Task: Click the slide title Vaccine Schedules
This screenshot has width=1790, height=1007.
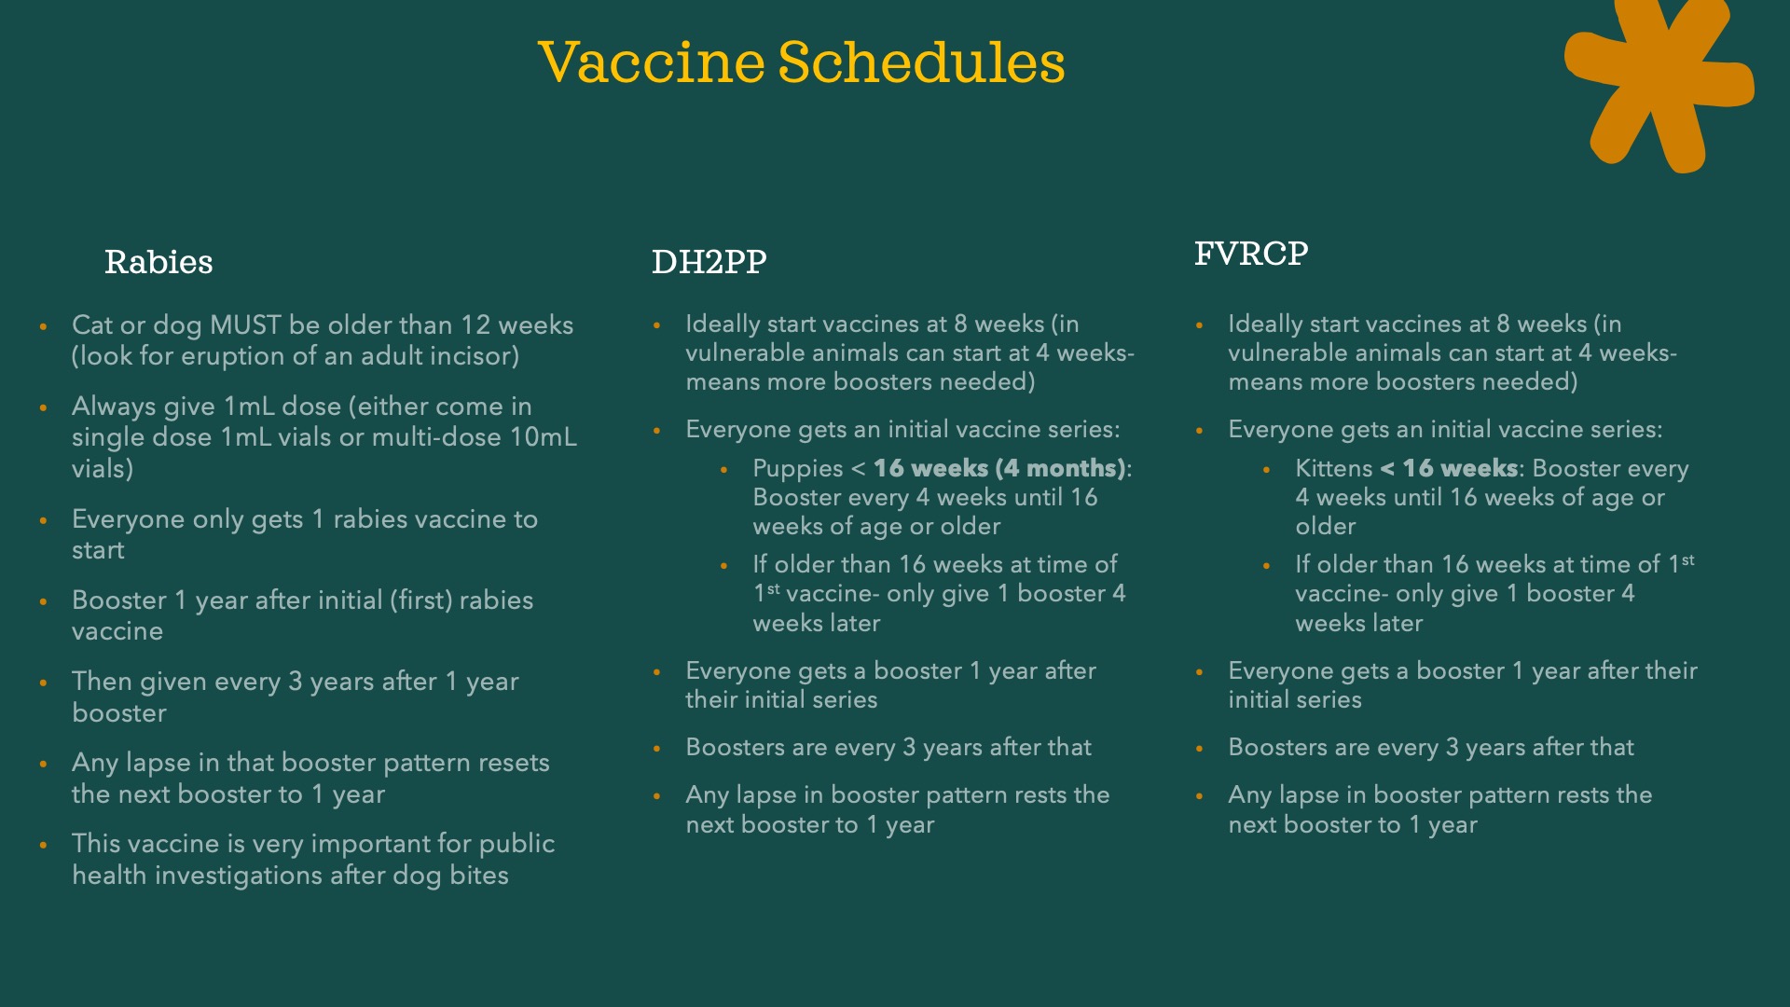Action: click(x=802, y=62)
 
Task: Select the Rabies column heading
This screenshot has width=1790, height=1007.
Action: click(x=158, y=262)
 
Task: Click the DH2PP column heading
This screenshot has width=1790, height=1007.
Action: click(x=709, y=262)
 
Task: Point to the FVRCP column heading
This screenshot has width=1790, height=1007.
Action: click(x=1251, y=254)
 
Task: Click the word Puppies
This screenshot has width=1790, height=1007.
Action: click(x=798, y=469)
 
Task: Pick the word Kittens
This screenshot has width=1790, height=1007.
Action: click(x=1334, y=468)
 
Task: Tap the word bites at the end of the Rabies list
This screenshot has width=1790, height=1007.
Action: click(x=478, y=876)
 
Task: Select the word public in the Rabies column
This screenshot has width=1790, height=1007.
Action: click(x=516, y=845)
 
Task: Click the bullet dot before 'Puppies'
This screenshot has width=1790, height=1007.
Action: click(x=724, y=470)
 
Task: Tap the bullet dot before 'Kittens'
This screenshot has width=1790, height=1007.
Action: click(x=1266, y=470)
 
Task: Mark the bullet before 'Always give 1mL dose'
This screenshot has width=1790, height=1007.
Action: click(x=43, y=407)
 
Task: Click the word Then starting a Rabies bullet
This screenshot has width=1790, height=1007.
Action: click(x=102, y=682)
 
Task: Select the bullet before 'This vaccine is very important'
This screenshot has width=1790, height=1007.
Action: click(x=43, y=845)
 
